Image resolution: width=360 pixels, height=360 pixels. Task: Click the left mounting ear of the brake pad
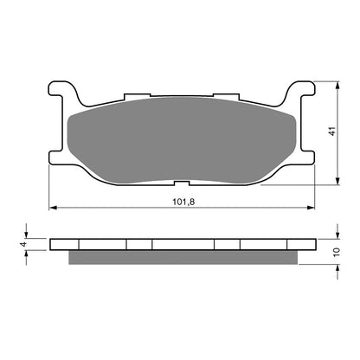click(x=58, y=93)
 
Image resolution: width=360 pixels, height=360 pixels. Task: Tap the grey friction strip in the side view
click(x=183, y=256)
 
